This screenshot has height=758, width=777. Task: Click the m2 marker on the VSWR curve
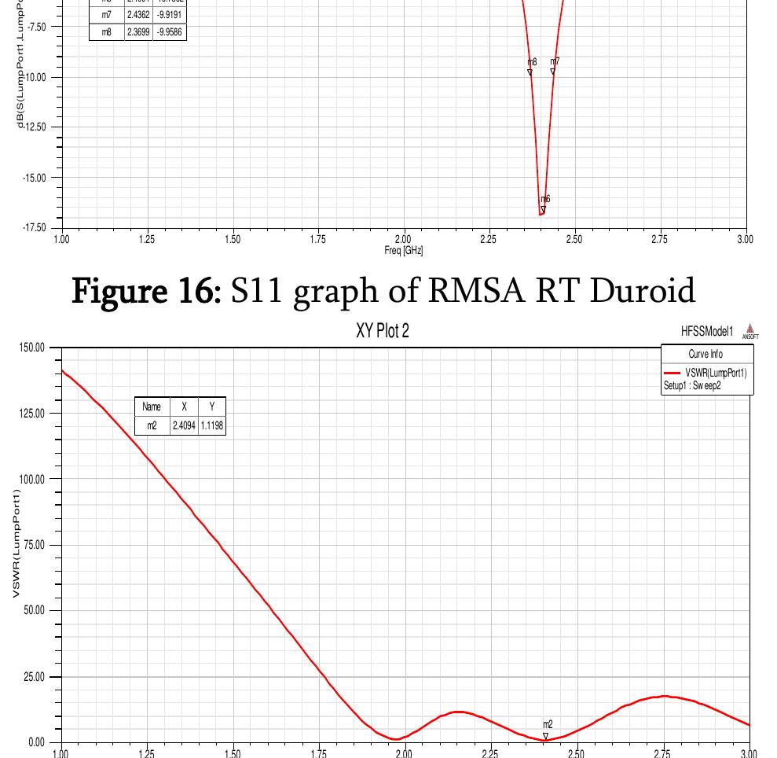click(546, 736)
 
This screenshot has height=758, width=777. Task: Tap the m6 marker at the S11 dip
click(543, 210)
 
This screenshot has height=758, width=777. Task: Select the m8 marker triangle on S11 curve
click(530, 72)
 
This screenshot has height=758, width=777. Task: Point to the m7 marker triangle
click(553, 72)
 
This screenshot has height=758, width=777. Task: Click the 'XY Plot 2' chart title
click(382, 331)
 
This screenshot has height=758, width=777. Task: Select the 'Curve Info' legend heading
click(706, 355)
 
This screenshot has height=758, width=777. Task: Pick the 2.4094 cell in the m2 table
click(185, 425)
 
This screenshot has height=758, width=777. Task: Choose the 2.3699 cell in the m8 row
click(138, 32)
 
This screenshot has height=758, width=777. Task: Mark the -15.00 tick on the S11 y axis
click(35, 178)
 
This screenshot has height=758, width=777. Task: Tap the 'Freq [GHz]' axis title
click(403, 250)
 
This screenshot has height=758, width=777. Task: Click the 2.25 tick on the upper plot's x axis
click(488, 239)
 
